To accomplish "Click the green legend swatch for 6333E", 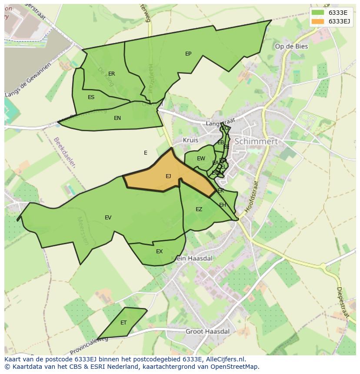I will [318, 13].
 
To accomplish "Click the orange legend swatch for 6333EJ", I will [318, 21].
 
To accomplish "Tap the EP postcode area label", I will [188, 54].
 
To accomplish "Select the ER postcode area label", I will [112, 74].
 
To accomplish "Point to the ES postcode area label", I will [91, 97].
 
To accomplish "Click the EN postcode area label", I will [117, 118].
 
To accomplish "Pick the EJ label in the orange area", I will [168, 176].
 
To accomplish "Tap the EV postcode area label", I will [108, 218].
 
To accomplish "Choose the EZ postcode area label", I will [199, 209].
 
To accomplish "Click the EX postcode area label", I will [159, 252].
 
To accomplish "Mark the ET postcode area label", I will [123, 323].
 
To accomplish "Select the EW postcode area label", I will [201, 159].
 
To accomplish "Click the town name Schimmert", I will [256, 142].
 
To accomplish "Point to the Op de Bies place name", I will [291, 46].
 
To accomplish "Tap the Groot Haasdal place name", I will [207, 331].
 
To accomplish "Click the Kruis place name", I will [190, 140].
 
